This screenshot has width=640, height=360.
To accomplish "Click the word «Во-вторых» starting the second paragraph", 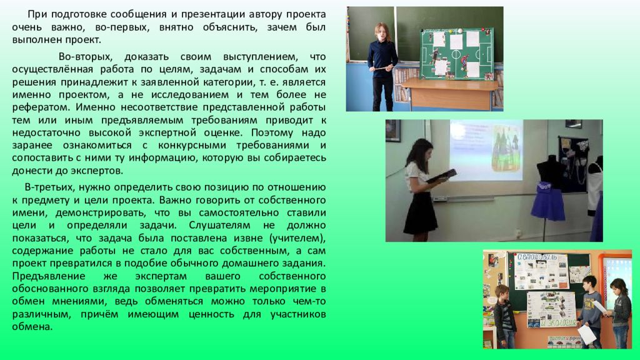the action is [85, 56].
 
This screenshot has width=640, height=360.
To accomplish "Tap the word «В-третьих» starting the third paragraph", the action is [49, 187].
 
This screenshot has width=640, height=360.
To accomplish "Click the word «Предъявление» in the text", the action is [49, 276].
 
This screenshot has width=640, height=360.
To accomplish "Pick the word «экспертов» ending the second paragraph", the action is [96, 171].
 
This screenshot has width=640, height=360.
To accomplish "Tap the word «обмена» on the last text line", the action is [32, 327].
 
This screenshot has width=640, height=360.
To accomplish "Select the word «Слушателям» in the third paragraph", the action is [219, 225].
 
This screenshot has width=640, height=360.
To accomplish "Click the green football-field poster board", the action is [457, 54].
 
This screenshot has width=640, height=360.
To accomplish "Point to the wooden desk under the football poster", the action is [449, 93].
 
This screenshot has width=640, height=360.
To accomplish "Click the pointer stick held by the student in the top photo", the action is [383, 67].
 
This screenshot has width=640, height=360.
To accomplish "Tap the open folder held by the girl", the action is [441, 176].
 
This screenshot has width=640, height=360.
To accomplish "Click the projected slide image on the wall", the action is [486, 150].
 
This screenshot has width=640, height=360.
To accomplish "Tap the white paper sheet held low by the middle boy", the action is [586, 335].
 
